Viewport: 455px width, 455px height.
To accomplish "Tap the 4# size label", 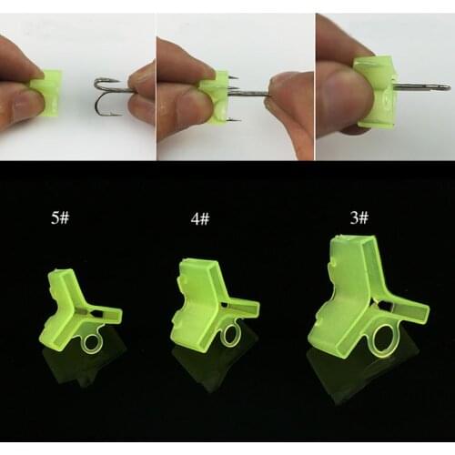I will click(x=201, y=219).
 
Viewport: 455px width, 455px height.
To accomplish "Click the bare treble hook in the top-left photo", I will click(x=109, y=96).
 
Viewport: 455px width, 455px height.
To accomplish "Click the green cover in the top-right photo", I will click(x=375, y=91).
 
